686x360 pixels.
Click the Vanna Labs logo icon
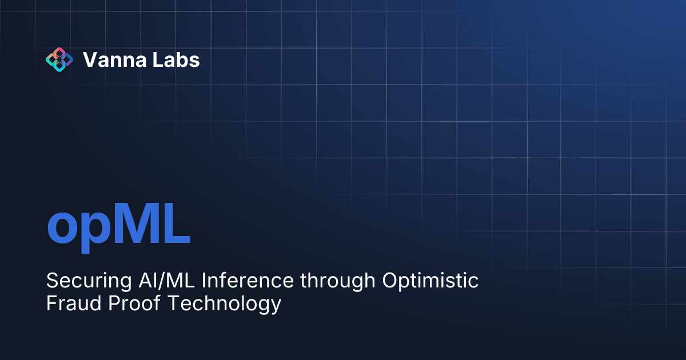(x=59, y=59)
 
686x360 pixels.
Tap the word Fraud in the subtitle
(x=66, y=303)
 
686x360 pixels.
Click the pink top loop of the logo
(x=59, y=52)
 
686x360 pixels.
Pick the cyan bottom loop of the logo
(x=59, y=67)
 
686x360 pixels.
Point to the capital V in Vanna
(x=89, y=59)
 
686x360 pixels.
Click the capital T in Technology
(x=173, y=303)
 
